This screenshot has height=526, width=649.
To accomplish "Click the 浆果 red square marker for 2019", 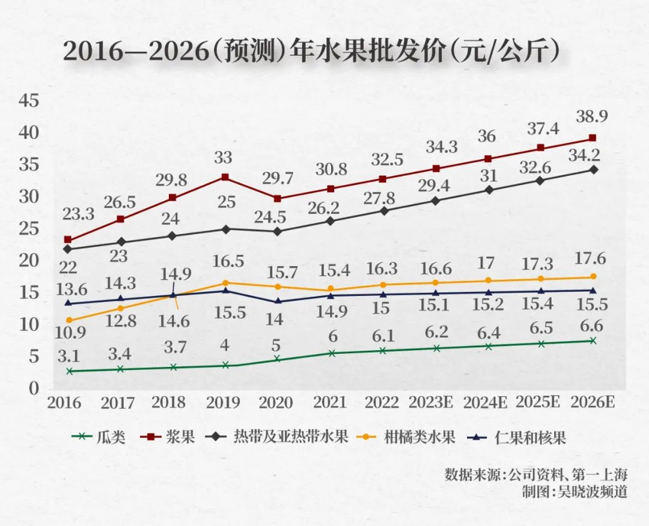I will (x=225, y=177).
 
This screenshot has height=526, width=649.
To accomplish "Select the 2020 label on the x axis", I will (x=274, y=402).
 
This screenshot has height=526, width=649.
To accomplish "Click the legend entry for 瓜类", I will (x=99, y=437).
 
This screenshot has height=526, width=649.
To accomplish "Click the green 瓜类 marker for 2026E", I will (x=593, y=340).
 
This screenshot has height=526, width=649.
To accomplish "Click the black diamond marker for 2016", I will (x=68, y=249).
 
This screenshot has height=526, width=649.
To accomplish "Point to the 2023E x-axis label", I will (x=433, y=402).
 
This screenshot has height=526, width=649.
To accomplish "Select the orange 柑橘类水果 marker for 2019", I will (x=225, y=283).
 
